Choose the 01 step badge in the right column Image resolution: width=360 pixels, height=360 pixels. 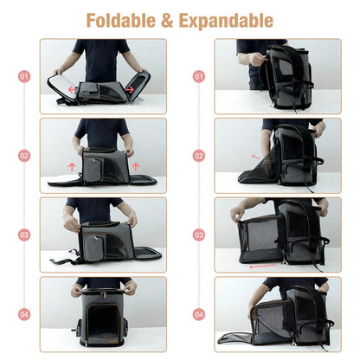click(199, 76)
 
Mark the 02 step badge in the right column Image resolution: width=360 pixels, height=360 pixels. click(199, 156)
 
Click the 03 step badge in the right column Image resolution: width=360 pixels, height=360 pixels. click(199, 235)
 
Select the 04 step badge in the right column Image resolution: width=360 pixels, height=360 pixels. click(199, 314)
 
